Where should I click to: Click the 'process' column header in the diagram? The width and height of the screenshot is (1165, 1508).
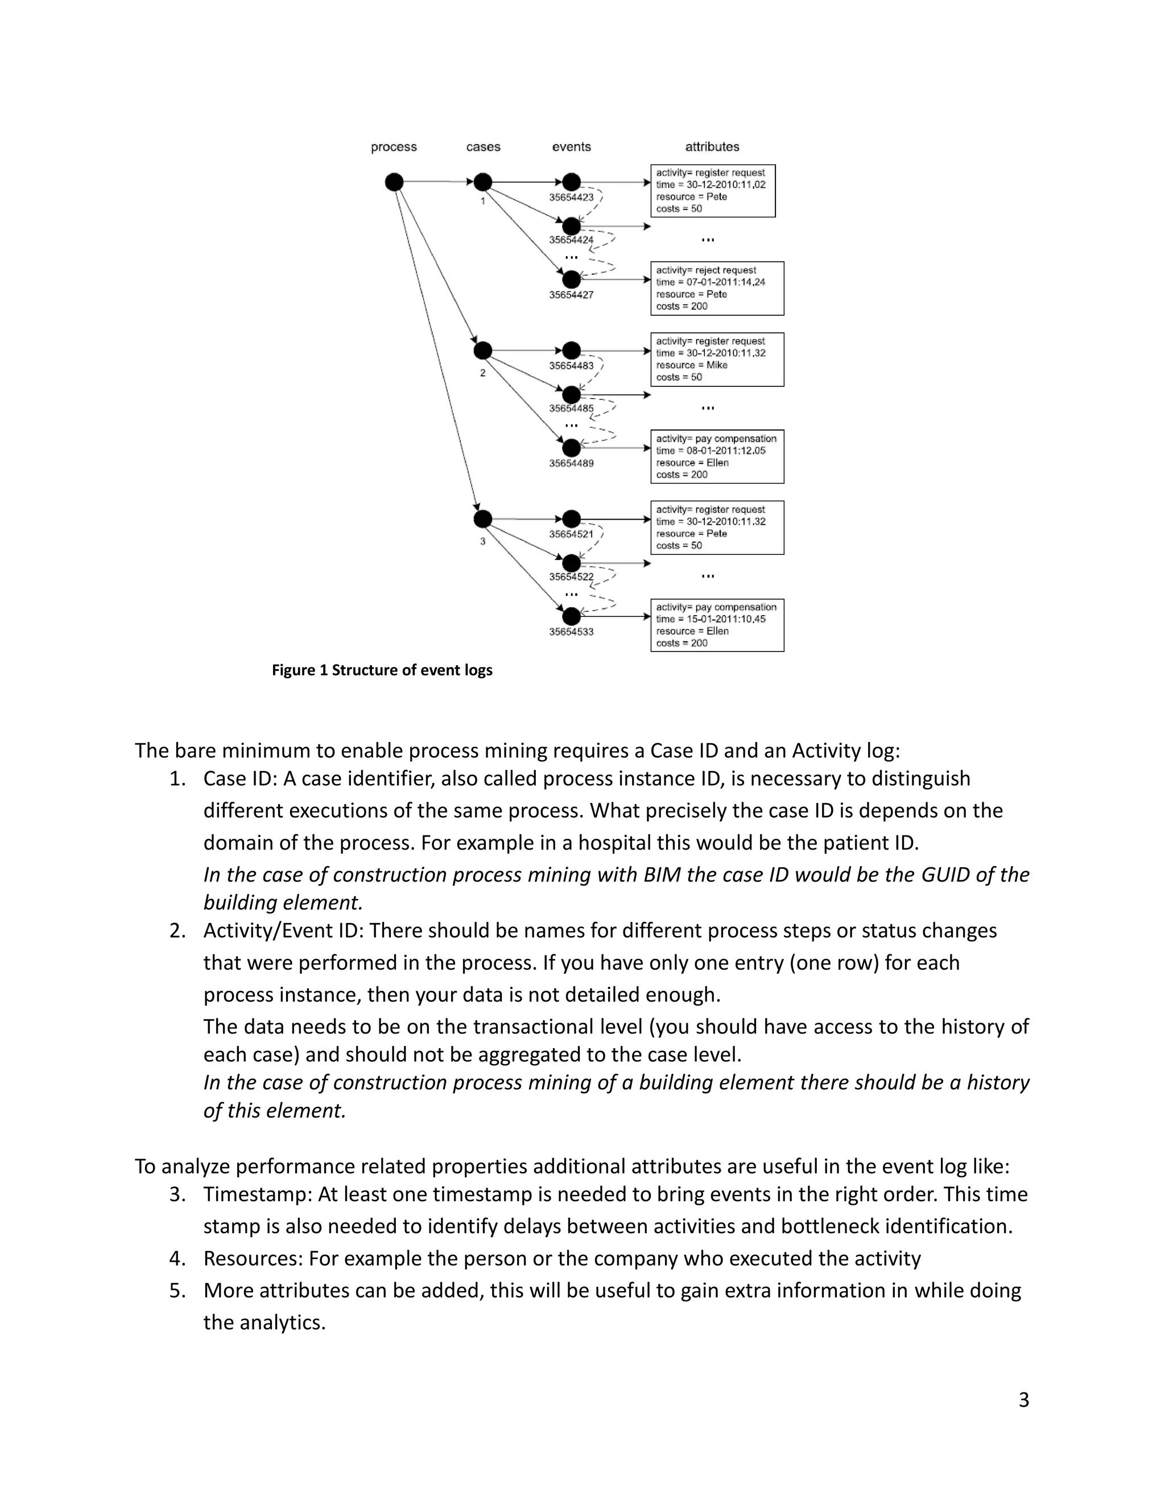(x=394, y=146)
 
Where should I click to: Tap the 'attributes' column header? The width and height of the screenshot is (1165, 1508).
(x=712, y=146)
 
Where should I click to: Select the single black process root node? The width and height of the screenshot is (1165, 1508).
(x=394, y=182)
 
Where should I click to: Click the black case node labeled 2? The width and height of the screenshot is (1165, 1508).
(x=482, y=351)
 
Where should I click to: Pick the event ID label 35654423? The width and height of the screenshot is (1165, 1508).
(x=571, y=197)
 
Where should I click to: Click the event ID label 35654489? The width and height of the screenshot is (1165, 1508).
(x=571, y=463)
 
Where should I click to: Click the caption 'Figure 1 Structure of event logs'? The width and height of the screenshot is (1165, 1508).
(x=382, y=670)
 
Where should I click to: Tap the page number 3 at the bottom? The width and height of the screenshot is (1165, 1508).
(x=1023, y=1400)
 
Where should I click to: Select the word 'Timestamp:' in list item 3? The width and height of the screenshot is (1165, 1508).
(x=258, y=1194)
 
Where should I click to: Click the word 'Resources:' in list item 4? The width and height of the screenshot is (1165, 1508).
(x=253, y=1259)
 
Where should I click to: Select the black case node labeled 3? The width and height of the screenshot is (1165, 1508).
(x=482, y=518)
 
